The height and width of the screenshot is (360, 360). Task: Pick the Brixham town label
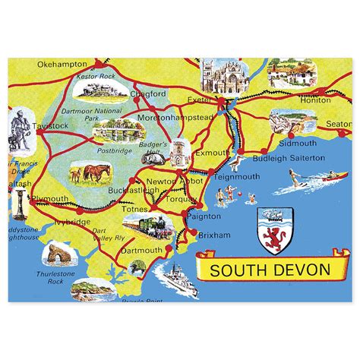[213, 236]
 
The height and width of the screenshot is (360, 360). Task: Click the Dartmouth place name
[142, 250]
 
